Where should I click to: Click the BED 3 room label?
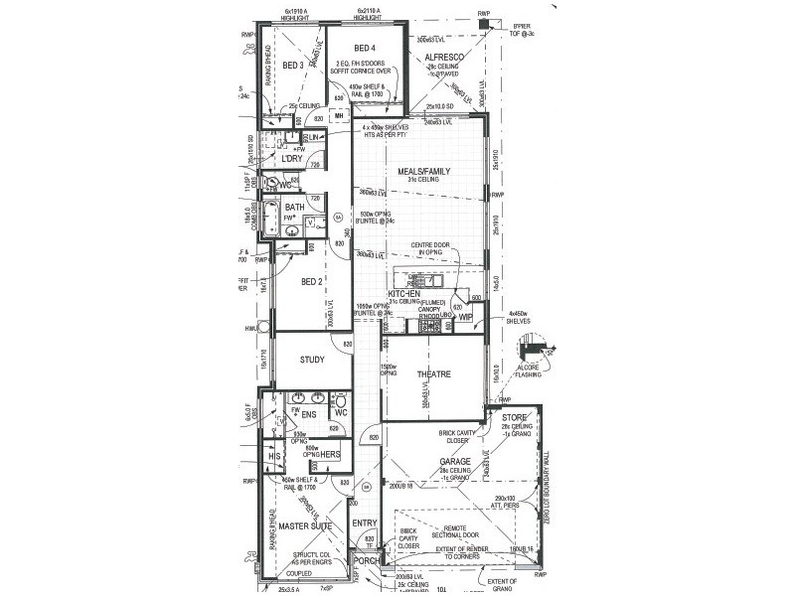(x=292, y=66)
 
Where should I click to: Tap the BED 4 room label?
(x=365, y=48)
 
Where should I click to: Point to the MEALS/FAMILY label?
(x=424, y=171)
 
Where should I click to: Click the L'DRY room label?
(x=291, y=159)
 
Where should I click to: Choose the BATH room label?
(x=294, y=207)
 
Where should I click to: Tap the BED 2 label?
(x=312, y=282)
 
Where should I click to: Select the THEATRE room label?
(x=434, y=374)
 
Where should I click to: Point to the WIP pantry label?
(x=465, y=318)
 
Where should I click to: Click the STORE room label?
(x=514, y=418)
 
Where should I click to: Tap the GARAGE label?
(x=456, y=461)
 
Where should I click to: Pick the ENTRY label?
(x=364, y=523)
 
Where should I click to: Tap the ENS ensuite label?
(x=308, y=412)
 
